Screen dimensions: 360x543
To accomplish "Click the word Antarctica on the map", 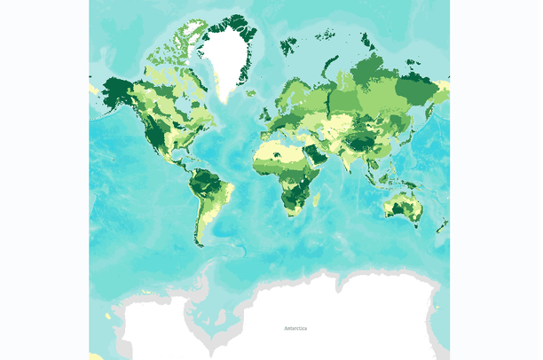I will point(295,329).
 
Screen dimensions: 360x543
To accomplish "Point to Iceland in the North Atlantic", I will point(252,93).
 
